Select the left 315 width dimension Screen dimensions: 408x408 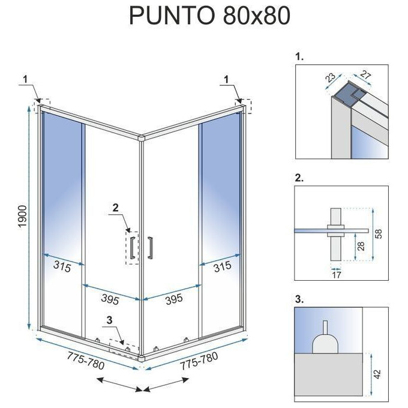pyautogui.click(x=61, y=266)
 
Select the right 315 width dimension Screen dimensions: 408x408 pyautogui.click(x=222, y=266)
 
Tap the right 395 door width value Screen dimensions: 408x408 pyautogui.click(x=174, y=299)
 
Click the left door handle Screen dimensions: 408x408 pyautogui.click(x=132, y=247)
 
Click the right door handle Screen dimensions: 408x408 pyautogui.click(x=151, y=247)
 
